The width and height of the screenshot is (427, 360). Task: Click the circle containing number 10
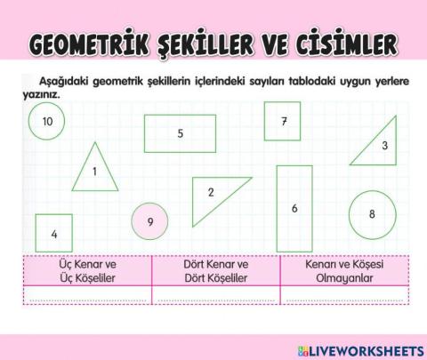pos(47,121)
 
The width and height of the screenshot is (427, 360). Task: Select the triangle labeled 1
pos(94,171)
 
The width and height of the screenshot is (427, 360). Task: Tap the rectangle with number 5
pos(180,134)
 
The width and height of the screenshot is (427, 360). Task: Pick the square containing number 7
pos(282,122)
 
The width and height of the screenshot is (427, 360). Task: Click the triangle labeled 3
pos(376,148)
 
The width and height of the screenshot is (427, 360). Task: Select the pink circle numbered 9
pos(150,222)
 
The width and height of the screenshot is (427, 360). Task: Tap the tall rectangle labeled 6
pos(294,208)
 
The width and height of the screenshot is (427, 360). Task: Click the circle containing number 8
pos(372,213)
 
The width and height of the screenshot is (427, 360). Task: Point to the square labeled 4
pos(54,234)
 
